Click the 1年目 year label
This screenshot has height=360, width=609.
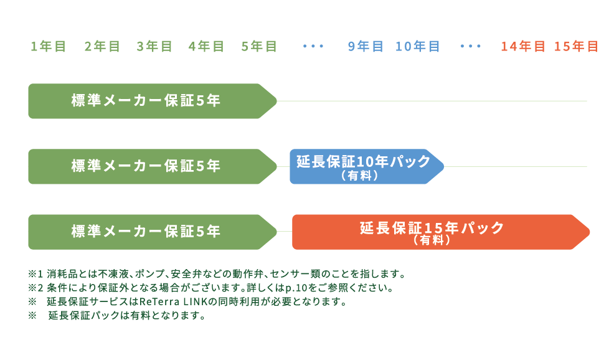click(x=49, y=46)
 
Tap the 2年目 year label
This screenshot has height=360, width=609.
click(x=102, y=46)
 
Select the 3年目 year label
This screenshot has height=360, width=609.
click(x=154, y=46)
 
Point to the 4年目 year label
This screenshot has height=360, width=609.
click(x=207, y=46)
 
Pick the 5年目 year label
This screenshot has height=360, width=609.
click(x=259, y=46)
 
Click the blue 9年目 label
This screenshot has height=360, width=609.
click(x=366, y=46)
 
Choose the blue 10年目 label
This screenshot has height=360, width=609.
click(x=418, y=46)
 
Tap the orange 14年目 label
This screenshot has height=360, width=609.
click(x=523, y=46)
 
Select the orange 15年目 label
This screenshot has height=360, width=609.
click(x=576, y=46)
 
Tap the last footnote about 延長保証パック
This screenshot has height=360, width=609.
click(x=118, y=316)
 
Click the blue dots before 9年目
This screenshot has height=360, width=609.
click(x=313, y=46)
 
